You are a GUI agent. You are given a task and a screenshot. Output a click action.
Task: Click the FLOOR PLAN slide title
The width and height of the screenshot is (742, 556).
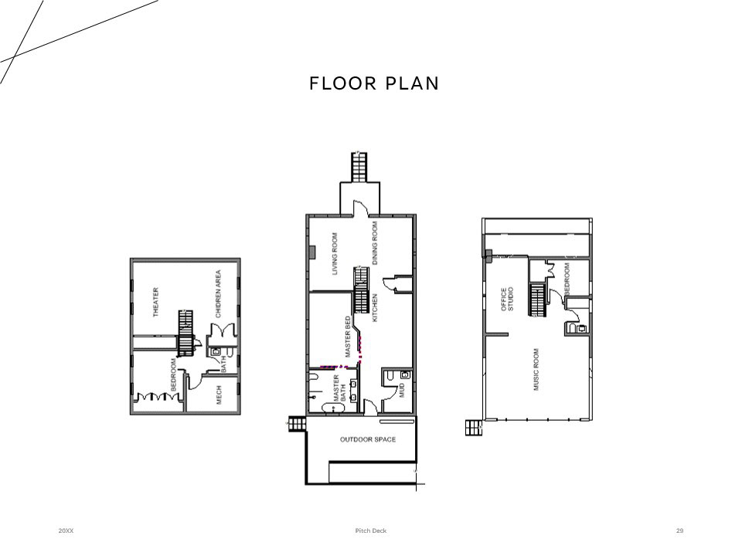pyautogui.click(x=374, y=83)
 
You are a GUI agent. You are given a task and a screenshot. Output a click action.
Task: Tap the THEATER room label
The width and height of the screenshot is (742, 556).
pyautogui.click(x=155, y=302)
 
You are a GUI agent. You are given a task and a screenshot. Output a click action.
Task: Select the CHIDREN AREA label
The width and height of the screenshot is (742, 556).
pyautogui.click(x=218, y=293)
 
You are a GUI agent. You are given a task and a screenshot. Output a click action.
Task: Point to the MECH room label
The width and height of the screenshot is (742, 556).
pyautogui.click(x=219, y=395)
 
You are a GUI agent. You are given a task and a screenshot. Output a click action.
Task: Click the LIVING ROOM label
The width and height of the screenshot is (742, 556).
pyautogui.click(x=335, y=253)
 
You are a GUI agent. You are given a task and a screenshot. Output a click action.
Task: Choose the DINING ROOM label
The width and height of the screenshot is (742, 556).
pyautogui.click(x=375, y=243)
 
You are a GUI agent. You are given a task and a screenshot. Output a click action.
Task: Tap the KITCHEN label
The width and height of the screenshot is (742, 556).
pyautogui.click(x=375, y=308)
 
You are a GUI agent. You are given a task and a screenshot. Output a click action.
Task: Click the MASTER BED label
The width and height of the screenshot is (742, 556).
pyautogui.click(x=348, y=337)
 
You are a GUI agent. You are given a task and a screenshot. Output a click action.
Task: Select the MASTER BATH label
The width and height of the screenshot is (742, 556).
pyautogui.click(x=340, y=388)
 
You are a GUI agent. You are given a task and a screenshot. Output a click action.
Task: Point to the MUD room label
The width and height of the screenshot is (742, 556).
pyautogui.click(x=402, y=390)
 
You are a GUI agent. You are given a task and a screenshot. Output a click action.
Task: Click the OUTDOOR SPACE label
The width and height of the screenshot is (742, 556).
pyautogui.click(x=368, y=439)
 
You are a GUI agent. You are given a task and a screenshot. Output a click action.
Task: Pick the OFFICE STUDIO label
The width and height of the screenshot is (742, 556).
pyautogui.click(x=507, y=300)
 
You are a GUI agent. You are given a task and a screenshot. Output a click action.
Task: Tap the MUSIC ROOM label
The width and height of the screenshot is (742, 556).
pyautogui.click(x=536, y=369)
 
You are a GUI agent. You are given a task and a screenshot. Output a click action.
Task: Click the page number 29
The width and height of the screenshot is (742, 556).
pyautogui.click(x=679, y=531)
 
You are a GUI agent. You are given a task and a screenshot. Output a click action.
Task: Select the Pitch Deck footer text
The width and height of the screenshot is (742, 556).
pyautogui.click(x=371, y=531)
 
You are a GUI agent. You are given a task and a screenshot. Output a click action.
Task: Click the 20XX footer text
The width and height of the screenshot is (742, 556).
pyautogui.click(x=66, y=531)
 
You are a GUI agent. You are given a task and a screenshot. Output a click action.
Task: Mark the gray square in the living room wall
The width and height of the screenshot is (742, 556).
pyautogui.click(x=311, y=252)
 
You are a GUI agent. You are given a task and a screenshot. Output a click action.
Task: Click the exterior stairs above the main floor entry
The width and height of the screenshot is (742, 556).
pyautogui.click(x=359, y=167)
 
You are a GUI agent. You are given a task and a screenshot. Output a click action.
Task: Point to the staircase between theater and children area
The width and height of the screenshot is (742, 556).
pyautogui.click(x=186, y=334)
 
